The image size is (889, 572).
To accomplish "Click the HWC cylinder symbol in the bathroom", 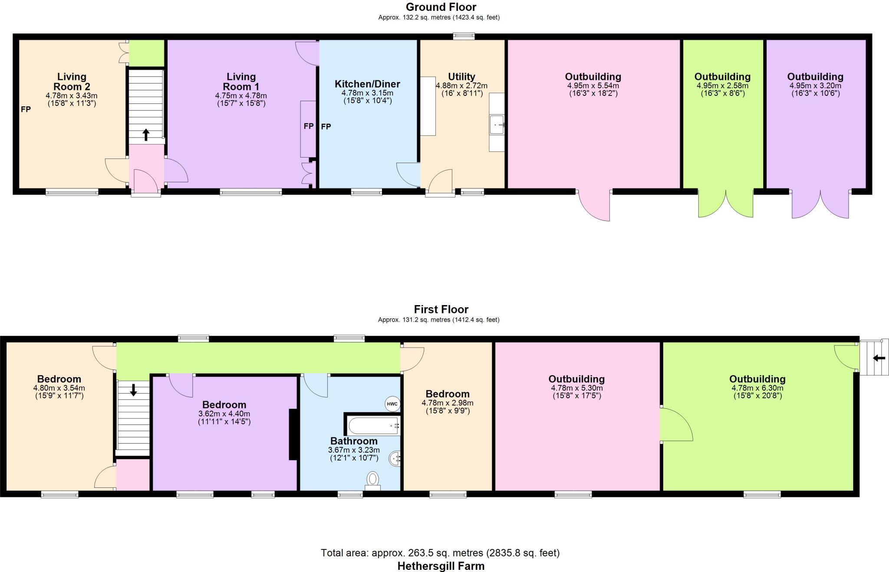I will point(392,404).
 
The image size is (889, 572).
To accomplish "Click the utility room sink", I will point(497,125).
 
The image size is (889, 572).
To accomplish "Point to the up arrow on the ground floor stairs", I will point(146,135).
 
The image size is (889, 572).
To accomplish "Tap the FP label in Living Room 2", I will point(26,109).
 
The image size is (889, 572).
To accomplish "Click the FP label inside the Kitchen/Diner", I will point(326,127).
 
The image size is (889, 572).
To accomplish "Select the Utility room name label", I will point(461,77).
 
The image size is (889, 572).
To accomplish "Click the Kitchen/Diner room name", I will point(367,84).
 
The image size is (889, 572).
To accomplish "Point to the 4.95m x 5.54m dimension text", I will point(593,86).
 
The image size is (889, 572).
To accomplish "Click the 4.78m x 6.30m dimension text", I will point(757,388).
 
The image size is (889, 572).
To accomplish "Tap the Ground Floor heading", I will point(441,7).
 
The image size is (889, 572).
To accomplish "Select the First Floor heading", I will point(441,309).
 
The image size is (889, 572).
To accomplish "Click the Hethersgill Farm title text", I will point(441,566).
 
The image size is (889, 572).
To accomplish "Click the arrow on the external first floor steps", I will point(879,358).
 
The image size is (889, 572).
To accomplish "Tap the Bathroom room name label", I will point(354,441).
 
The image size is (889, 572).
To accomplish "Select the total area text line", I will point(440,553).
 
